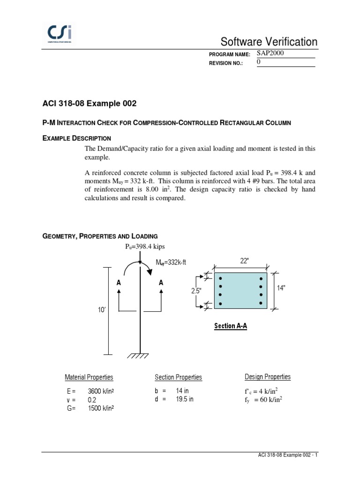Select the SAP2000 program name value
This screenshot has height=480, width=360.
click(271, 53)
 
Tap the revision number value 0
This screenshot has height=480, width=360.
click(259, 62)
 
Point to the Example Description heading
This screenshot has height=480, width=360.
click(77, 138)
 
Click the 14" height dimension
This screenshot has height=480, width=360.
click(281, 288)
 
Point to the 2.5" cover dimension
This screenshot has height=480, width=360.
click(195, 291)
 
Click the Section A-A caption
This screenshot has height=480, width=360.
click(230, 326)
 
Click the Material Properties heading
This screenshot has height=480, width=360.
click(89, 377)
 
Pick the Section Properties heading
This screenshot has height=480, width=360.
click(178, 377)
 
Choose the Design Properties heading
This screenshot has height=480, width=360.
click(267, 377)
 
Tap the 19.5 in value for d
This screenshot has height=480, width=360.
click(185, 399)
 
